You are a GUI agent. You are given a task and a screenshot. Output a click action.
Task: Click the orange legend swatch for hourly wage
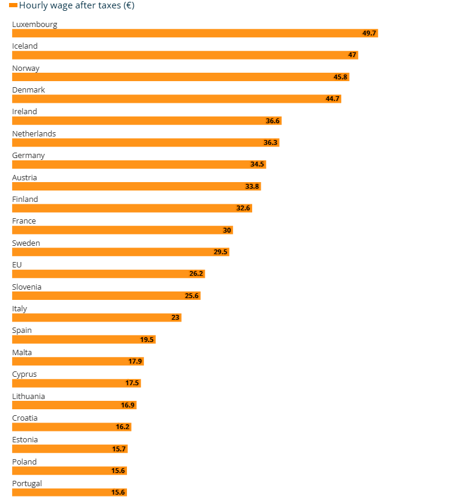pos(13,6)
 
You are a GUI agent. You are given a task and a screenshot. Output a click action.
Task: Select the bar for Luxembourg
pos(193,33)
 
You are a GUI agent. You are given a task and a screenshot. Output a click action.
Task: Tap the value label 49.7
pos(369,33)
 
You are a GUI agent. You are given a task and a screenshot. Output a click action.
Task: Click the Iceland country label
pos(25,46)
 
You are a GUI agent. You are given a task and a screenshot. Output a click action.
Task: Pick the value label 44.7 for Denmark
pos(333,99)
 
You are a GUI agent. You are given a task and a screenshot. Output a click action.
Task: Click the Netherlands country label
pos(34,133)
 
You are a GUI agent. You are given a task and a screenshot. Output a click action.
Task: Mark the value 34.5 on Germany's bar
pos(258,164)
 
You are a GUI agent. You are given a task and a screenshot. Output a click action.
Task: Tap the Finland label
pos(25,199)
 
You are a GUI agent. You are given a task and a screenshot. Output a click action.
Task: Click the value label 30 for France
pos(227,230)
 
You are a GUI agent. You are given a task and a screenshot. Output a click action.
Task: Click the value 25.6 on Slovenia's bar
pos(192,296)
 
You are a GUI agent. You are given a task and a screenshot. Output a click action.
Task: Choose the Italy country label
pos(19,308)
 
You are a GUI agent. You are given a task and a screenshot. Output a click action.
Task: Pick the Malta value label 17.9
pos(135,361)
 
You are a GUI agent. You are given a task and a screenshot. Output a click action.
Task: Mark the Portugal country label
pos(27,483)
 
